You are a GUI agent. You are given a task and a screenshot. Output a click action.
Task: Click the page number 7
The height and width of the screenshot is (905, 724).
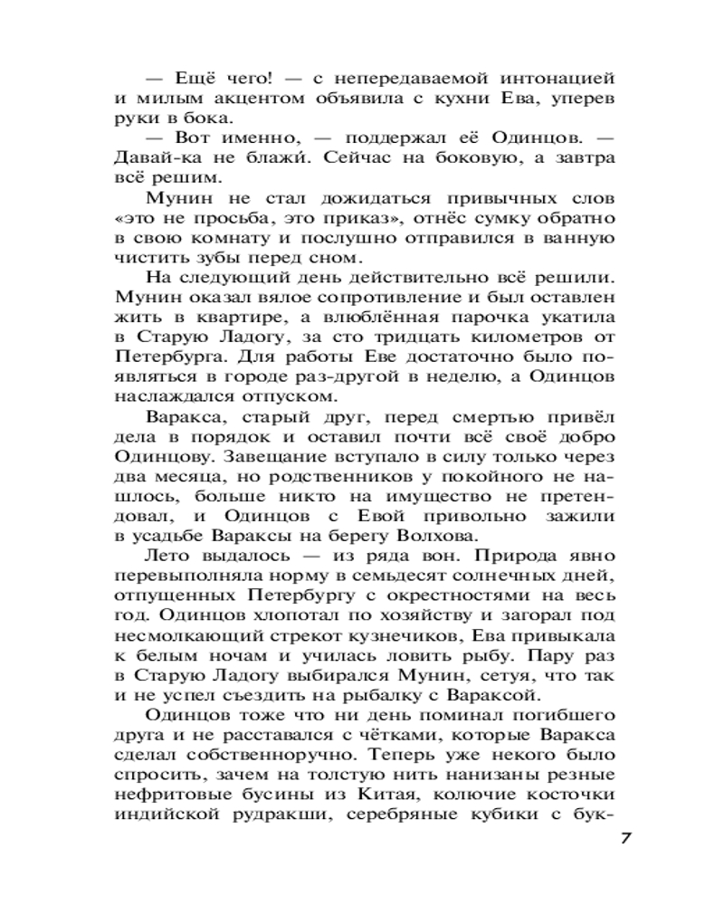point(624,837)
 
